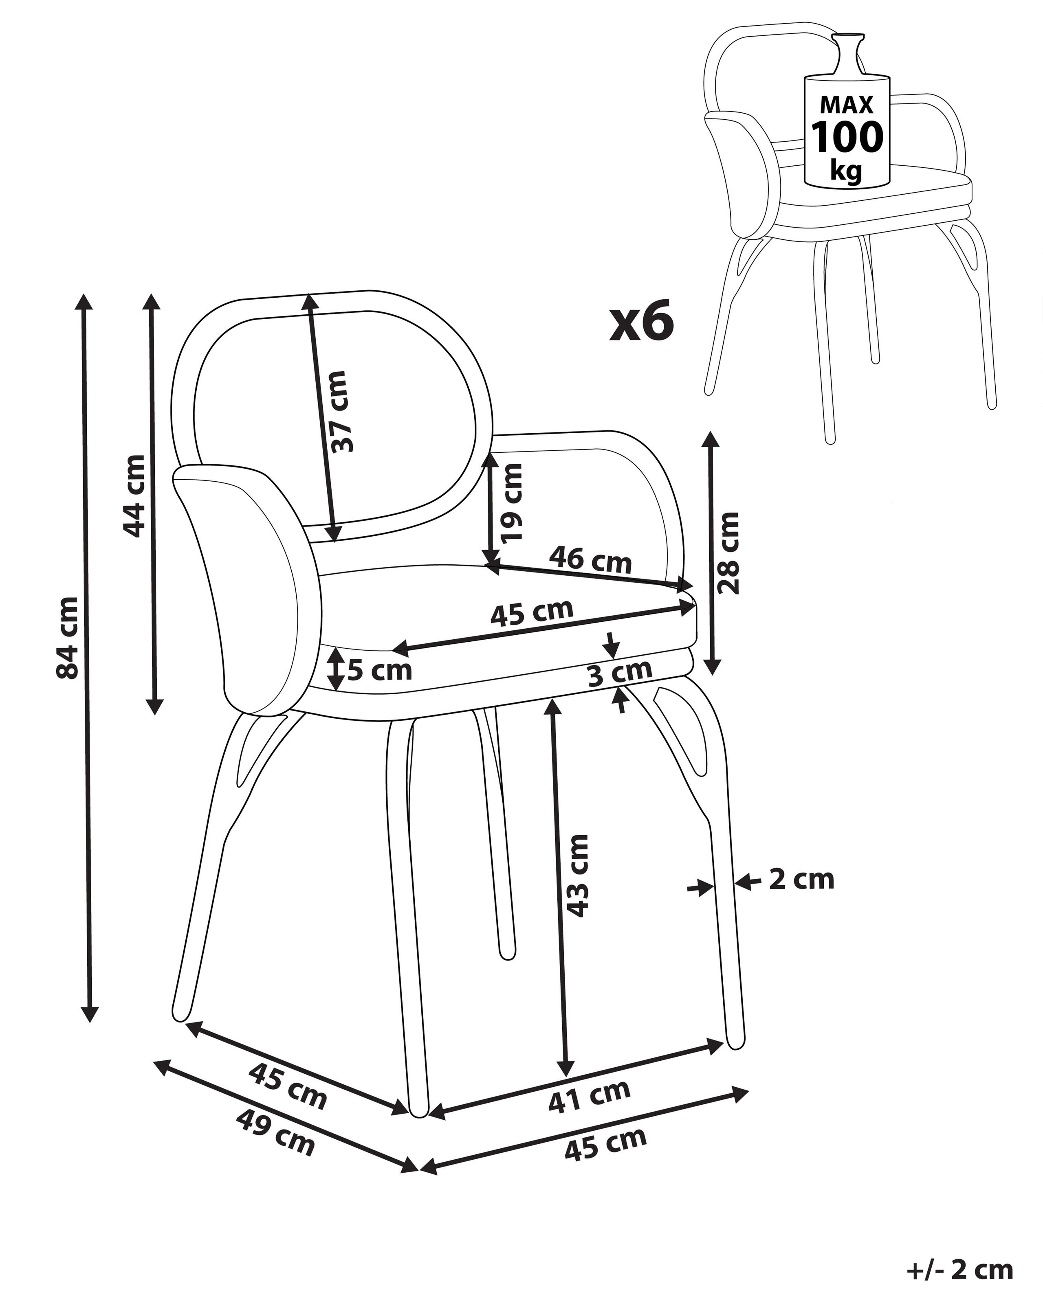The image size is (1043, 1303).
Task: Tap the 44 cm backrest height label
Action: pyautogui.click(x=134, y=496)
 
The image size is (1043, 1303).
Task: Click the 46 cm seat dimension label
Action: pyautogui.click(x=590, y=559)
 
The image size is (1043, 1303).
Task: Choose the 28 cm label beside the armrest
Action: pyautogui.click(x=727, y=553)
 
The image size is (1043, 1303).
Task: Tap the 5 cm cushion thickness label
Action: pyautogui.click(x=379, y=670)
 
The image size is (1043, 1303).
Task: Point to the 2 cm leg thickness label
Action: pyautogui.click(x=801, y=880)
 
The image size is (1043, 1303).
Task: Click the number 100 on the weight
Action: pyautogui.click(x=847, y=137)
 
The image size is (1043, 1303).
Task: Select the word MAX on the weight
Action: pyautogui.click(x=847, y=105)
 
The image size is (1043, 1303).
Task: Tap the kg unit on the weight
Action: pyautogui.click(x=845, y=171)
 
